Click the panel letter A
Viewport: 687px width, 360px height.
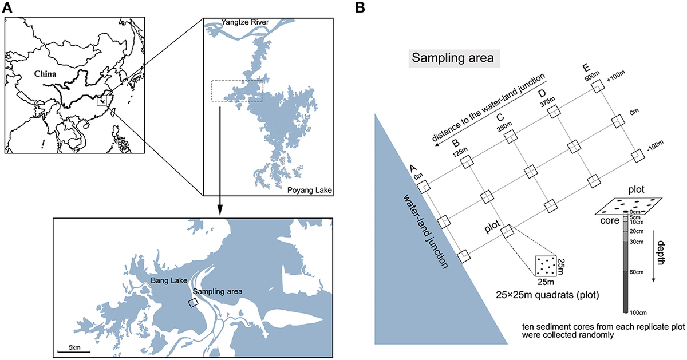(x=7, y=7)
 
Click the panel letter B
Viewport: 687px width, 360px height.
(x=360, y=7)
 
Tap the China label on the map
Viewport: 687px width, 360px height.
(x=45, y=74)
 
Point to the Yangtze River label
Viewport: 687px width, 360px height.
(x=245, y=22)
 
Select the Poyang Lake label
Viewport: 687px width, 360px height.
(x=310, y=190)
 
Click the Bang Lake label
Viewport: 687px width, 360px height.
(x=169, y=280)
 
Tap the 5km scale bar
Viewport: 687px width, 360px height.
(x=74, y=351)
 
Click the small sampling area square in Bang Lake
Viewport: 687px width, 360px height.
(x=193, y=303)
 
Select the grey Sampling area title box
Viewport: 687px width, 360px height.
(x=454, y=58)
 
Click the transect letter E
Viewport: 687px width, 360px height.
(x=586, y=68)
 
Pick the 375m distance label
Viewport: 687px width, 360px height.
(x=547, y=102)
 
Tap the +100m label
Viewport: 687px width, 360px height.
(x=616, y=76)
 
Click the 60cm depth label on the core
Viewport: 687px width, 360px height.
(x=637, y=272)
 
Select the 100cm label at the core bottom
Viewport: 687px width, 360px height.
(x=638, y=312)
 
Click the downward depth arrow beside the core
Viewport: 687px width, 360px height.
(x=653, y=256)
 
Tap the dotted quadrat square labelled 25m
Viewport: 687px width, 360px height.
(x=546, y=266)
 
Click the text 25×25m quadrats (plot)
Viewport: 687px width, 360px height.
(x=547, y=295)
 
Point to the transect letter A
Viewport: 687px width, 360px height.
(x=413, y=168)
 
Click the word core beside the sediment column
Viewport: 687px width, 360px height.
(x=610, y=220)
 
